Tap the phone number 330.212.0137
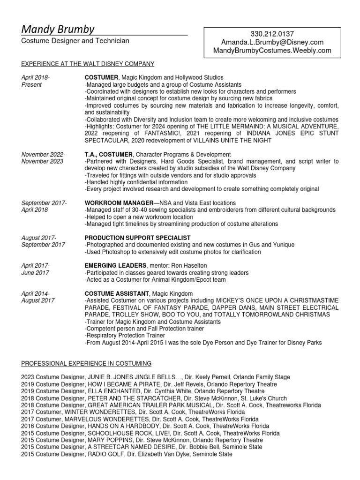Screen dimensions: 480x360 coord(272,34)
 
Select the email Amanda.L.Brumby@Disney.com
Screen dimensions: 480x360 coord(272,42)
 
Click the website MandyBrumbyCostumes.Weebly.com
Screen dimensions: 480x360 coord(272,50)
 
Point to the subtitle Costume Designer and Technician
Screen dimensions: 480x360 coord(75,41)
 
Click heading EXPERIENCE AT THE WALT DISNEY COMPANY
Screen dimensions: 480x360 coord(88,64)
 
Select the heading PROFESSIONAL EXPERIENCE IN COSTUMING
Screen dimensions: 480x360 coord(87,363)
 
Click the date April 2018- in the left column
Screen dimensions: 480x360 coord(36,77)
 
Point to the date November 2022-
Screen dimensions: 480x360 coord(44,155)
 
